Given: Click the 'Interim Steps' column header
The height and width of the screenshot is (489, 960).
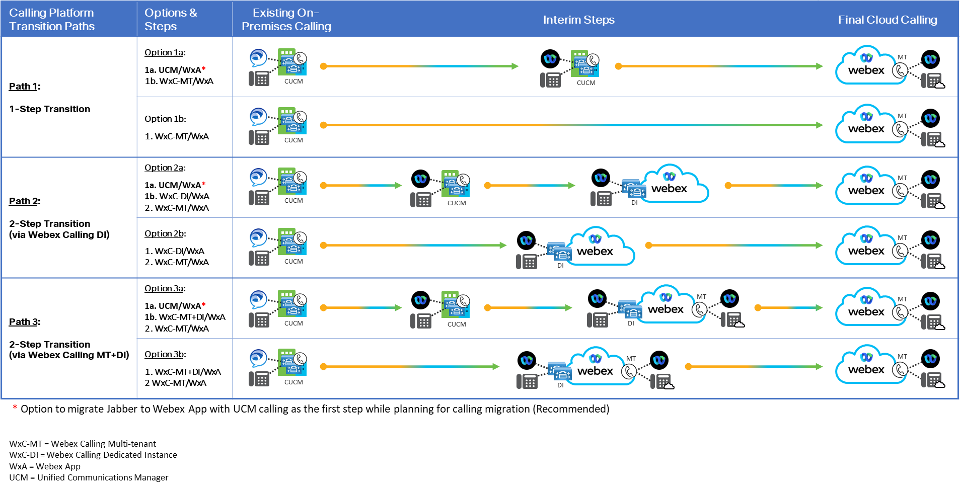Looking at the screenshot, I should (x=578, y=20).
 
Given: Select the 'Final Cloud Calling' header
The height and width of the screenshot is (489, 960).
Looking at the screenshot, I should (x=887, y=20).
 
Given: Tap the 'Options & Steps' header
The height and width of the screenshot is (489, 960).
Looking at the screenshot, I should (x=171, y=20).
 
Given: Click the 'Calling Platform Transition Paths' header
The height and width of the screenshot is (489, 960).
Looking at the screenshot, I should (x=52, y=20).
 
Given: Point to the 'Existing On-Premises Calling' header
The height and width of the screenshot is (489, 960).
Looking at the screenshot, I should (x=286, y=20).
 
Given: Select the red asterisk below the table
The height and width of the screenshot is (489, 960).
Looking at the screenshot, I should (x=15, y=406).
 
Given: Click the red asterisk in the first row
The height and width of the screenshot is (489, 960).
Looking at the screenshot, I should (x=203, y=68).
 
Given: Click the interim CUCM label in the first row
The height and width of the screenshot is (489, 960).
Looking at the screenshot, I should (x=586, y=83).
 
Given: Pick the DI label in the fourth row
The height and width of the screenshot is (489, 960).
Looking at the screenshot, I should (x=560, y=265).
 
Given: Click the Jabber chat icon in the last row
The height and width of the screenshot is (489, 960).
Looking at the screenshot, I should (x=258, y=358).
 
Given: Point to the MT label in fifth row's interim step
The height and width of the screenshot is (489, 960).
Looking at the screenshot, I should (x=701, y=297).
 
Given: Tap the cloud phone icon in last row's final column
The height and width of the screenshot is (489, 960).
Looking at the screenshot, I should (x=934, y=380).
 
